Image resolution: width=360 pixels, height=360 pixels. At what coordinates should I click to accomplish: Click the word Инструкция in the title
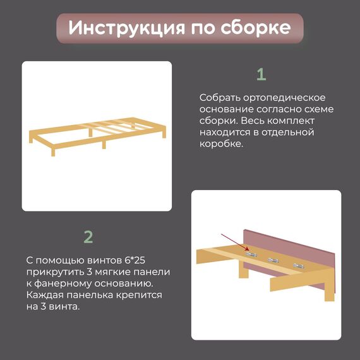point(126,28)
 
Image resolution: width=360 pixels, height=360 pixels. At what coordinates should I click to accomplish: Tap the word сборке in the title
point(256,27)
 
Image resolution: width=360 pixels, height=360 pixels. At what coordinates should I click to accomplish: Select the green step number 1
point(261,74)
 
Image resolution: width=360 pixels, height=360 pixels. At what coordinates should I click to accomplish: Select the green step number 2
point(88,237)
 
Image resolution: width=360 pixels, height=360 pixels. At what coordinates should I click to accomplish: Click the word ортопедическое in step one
point(284,98)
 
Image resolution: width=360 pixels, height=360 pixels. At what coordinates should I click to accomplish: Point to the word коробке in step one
point(221,144)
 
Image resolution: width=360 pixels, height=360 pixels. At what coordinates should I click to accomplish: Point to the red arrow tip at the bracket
point(249,250)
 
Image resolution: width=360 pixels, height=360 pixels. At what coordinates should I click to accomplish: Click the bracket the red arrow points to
point(251,254)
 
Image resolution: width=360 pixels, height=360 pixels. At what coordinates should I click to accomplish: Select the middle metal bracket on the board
point(273,260)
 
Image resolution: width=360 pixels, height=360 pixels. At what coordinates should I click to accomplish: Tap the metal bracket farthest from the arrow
point(299,266)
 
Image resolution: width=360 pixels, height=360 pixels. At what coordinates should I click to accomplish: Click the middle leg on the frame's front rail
point(104,144)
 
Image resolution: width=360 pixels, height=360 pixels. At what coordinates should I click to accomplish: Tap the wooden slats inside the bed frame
point(108,126)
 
